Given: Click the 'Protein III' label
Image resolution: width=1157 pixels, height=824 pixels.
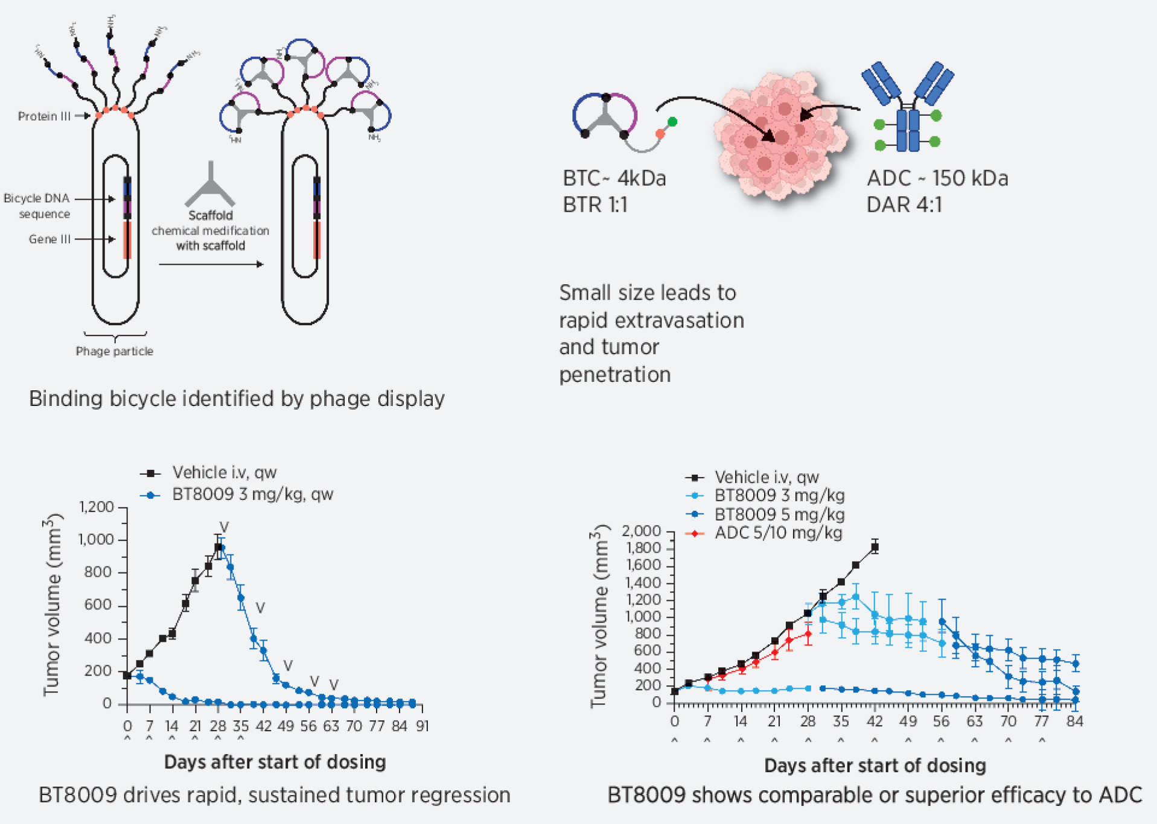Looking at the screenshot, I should (44, 116).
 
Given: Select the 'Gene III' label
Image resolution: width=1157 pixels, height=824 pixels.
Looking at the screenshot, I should (49, 239).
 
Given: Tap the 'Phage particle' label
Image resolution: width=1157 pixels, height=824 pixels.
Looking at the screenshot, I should (114, 351).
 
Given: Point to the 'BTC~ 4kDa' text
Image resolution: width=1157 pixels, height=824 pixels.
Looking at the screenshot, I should (614, 179).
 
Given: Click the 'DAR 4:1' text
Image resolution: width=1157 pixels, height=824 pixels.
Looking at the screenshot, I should (904, 205).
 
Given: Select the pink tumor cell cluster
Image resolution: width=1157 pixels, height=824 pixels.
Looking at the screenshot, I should (779, 136).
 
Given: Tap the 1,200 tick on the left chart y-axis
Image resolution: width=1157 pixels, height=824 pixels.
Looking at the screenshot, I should (97, 507).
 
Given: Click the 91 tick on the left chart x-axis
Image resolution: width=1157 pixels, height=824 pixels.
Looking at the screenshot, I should (422, 726).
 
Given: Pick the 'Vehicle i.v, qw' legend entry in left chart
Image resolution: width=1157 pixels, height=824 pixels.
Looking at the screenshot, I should (224, 472).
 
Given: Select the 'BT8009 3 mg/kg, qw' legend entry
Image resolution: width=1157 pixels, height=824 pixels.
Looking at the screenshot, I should (252, 495).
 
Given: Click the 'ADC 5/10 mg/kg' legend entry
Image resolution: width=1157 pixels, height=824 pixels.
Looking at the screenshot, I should (777, 533).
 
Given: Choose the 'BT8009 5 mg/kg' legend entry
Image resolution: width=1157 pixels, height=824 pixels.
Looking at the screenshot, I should (779, 515).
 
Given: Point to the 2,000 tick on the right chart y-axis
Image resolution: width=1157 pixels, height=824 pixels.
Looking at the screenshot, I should (641, 531).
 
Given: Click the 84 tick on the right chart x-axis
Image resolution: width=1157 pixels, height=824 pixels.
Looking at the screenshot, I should (1074, 721).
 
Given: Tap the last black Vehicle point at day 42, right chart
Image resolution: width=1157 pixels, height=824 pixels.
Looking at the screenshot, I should (875, 547).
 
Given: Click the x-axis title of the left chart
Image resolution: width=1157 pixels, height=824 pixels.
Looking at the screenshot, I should (275, 762).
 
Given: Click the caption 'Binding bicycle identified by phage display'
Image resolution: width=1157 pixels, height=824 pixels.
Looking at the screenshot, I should (237, 399).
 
